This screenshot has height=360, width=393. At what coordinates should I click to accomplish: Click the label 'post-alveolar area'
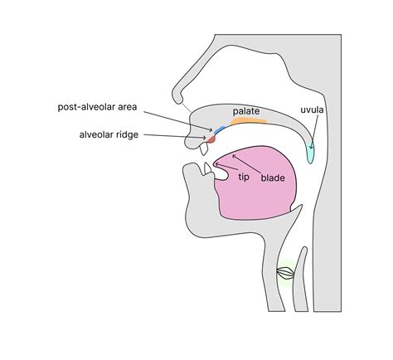(97, 107)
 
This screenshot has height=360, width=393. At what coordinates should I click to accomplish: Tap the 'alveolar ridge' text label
(109, 135)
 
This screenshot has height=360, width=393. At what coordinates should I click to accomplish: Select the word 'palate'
(246, 111)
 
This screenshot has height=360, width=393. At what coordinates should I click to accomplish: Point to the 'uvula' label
(312, 109)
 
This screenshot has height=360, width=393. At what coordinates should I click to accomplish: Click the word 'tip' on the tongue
(244, 177)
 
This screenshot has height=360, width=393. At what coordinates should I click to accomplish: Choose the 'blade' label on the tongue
(273, 178)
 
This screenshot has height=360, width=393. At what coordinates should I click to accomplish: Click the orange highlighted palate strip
(249, 121)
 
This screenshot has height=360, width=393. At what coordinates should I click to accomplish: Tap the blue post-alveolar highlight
(220, 129)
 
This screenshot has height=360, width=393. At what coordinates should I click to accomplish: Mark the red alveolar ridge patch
(211, 139)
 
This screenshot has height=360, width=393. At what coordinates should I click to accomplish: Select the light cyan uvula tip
(311, 153)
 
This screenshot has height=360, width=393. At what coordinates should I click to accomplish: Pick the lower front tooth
(207, 168)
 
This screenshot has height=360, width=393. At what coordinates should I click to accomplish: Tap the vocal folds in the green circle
(285, 273)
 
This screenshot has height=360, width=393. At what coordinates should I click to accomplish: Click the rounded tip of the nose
(177, 97)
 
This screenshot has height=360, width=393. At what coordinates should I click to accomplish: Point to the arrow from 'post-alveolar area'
(178, 121)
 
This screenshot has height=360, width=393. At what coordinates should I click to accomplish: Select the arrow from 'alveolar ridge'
(175, 136)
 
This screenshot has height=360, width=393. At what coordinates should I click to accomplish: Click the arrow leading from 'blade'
(247, 164)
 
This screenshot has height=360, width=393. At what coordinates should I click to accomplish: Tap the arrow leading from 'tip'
(226, 167)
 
